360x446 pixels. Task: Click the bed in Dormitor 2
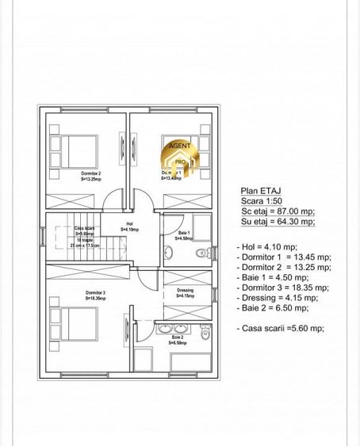click(x=76, y=150)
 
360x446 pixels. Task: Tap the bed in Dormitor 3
click(x=76, y=322)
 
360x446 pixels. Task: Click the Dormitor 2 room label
click(x=90, y=175)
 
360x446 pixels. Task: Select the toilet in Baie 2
click(x=205, y=334)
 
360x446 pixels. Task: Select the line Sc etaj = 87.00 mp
click(x=278, y=212)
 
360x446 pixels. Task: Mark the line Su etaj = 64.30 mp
click(x=278, y=223)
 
